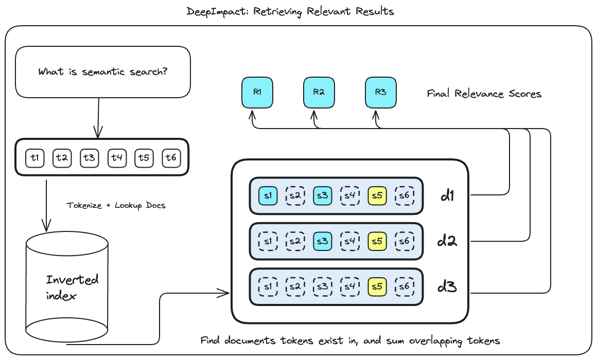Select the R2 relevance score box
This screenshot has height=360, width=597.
point(319,93)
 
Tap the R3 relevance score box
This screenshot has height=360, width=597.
point(380,93)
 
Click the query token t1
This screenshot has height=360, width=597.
point(35,158)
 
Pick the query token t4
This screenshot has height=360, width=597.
point(117,158)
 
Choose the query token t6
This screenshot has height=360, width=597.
point(171,158)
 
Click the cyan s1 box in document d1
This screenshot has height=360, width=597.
point(268,195)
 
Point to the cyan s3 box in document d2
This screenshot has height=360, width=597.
point(323,241)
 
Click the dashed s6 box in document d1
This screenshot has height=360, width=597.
point(405,195)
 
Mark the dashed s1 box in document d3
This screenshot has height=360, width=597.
point(268,286)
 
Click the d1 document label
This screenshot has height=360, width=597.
point(447,196)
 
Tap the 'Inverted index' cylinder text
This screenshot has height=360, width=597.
point(72,287)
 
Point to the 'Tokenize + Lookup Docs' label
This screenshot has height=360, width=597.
point(116,205)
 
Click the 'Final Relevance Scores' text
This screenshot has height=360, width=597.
point(484,94)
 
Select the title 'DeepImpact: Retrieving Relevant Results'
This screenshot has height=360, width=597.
point(290,11)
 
